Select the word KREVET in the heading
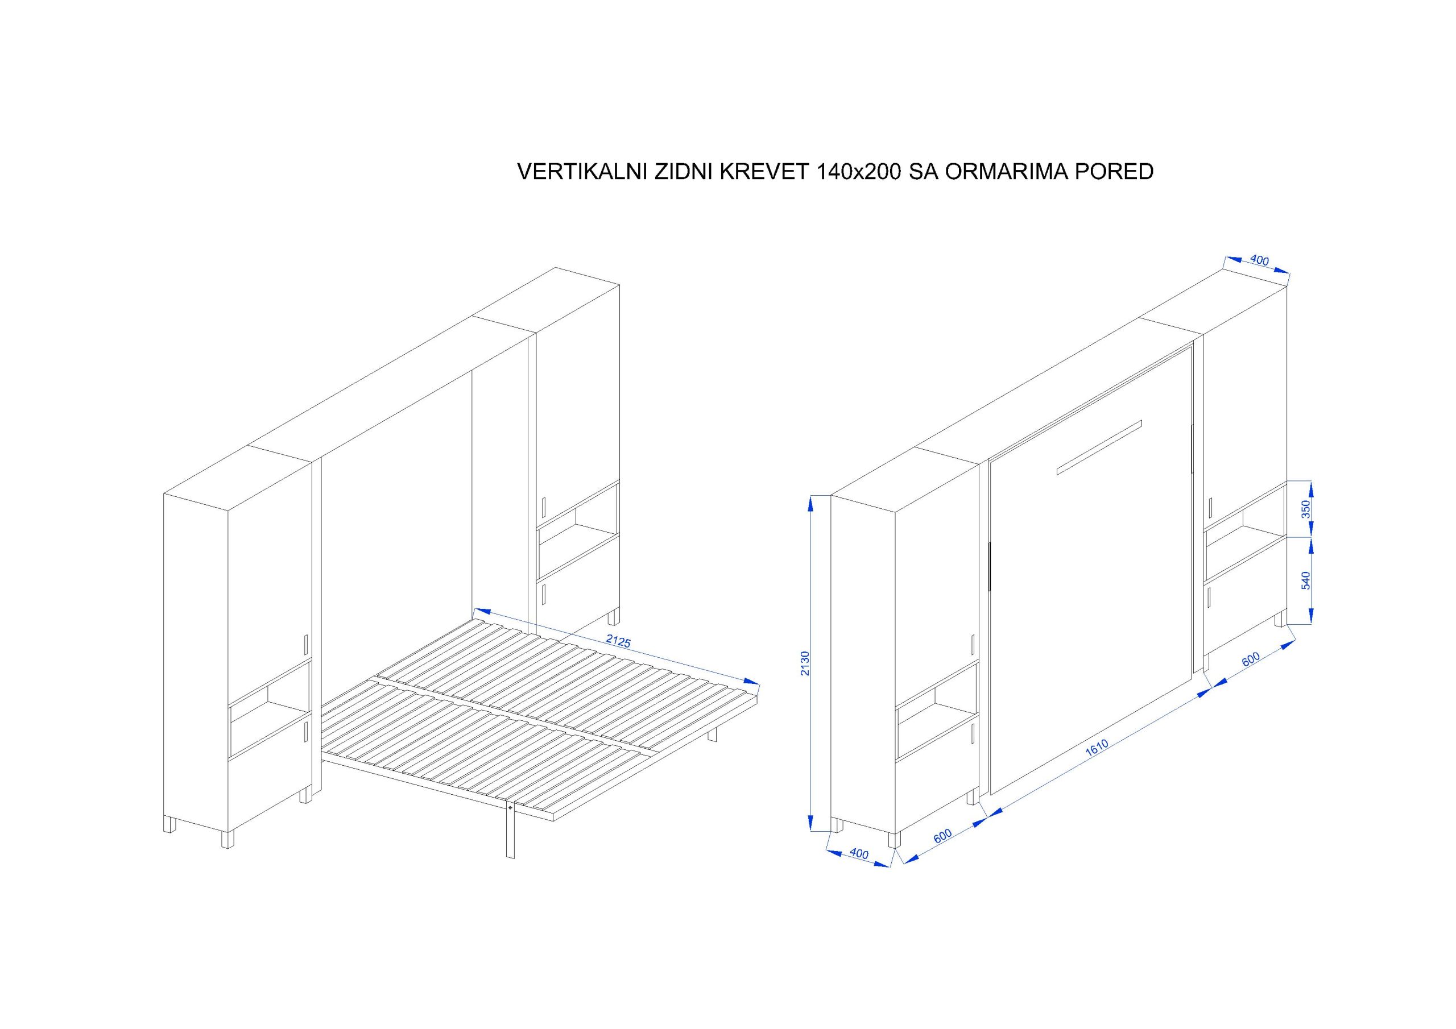point(760,172)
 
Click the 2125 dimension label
point(618,641)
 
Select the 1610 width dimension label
point(1097,748)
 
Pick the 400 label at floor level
point(859,853)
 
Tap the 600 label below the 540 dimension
point(1250,660)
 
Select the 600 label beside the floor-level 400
point(943,836)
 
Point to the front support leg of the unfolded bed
point(511,831)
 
